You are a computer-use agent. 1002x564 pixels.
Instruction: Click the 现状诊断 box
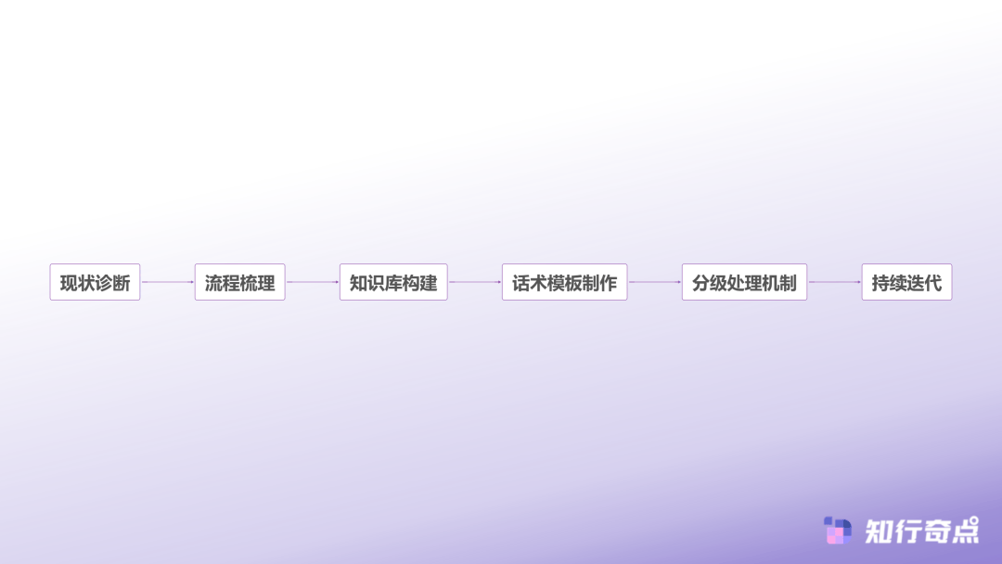[95, 282]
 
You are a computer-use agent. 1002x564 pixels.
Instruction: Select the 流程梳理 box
[239, 282]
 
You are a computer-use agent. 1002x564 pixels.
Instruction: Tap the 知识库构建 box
[393, 282]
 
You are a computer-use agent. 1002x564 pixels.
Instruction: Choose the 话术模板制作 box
[564, 282]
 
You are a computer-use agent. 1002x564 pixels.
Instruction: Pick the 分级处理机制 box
[744, 282]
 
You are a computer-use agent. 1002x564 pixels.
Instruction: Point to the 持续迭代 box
[906, 282]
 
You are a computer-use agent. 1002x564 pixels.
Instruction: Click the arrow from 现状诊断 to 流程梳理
[167, 282]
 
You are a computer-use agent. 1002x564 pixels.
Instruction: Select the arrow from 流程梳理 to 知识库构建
[312, 282]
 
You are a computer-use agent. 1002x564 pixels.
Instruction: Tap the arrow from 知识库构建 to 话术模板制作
[474, 282]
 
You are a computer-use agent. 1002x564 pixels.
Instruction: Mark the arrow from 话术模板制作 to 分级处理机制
[654, 282]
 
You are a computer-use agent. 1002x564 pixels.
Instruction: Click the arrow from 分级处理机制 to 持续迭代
[834, 282]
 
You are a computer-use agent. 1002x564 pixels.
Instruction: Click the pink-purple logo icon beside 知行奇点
[838, 531]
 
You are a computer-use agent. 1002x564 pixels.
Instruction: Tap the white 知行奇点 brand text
[921, 531]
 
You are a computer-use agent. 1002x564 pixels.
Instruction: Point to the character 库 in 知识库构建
[393, 283]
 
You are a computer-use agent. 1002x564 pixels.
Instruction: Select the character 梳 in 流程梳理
[249, 283]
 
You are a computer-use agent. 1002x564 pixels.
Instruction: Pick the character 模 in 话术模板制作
[556, 283]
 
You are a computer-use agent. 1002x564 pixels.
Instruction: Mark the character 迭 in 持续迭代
[916, 283]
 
